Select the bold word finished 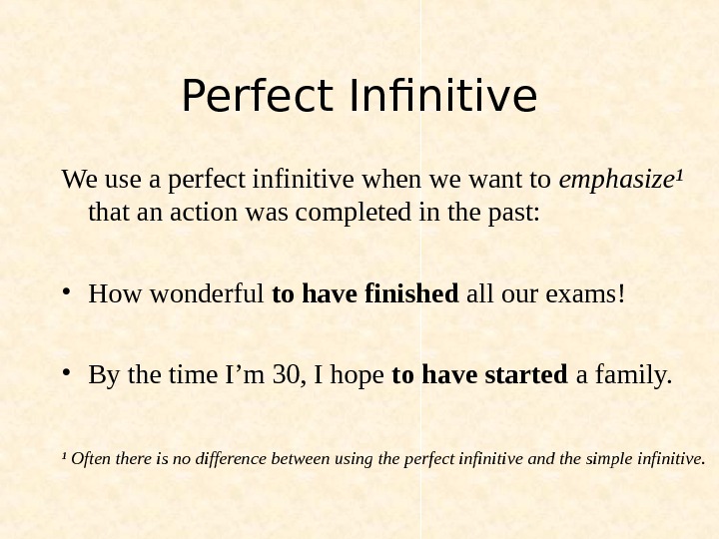click(x=410, y=295)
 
